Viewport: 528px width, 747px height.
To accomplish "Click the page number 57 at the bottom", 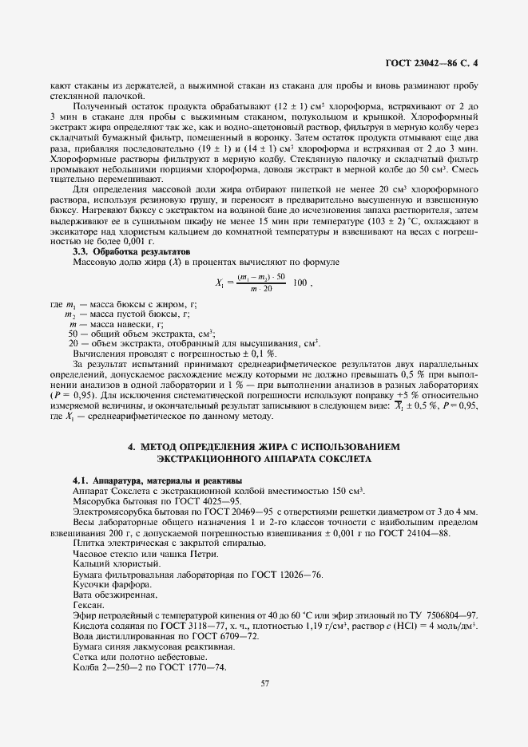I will click(264, 682).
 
